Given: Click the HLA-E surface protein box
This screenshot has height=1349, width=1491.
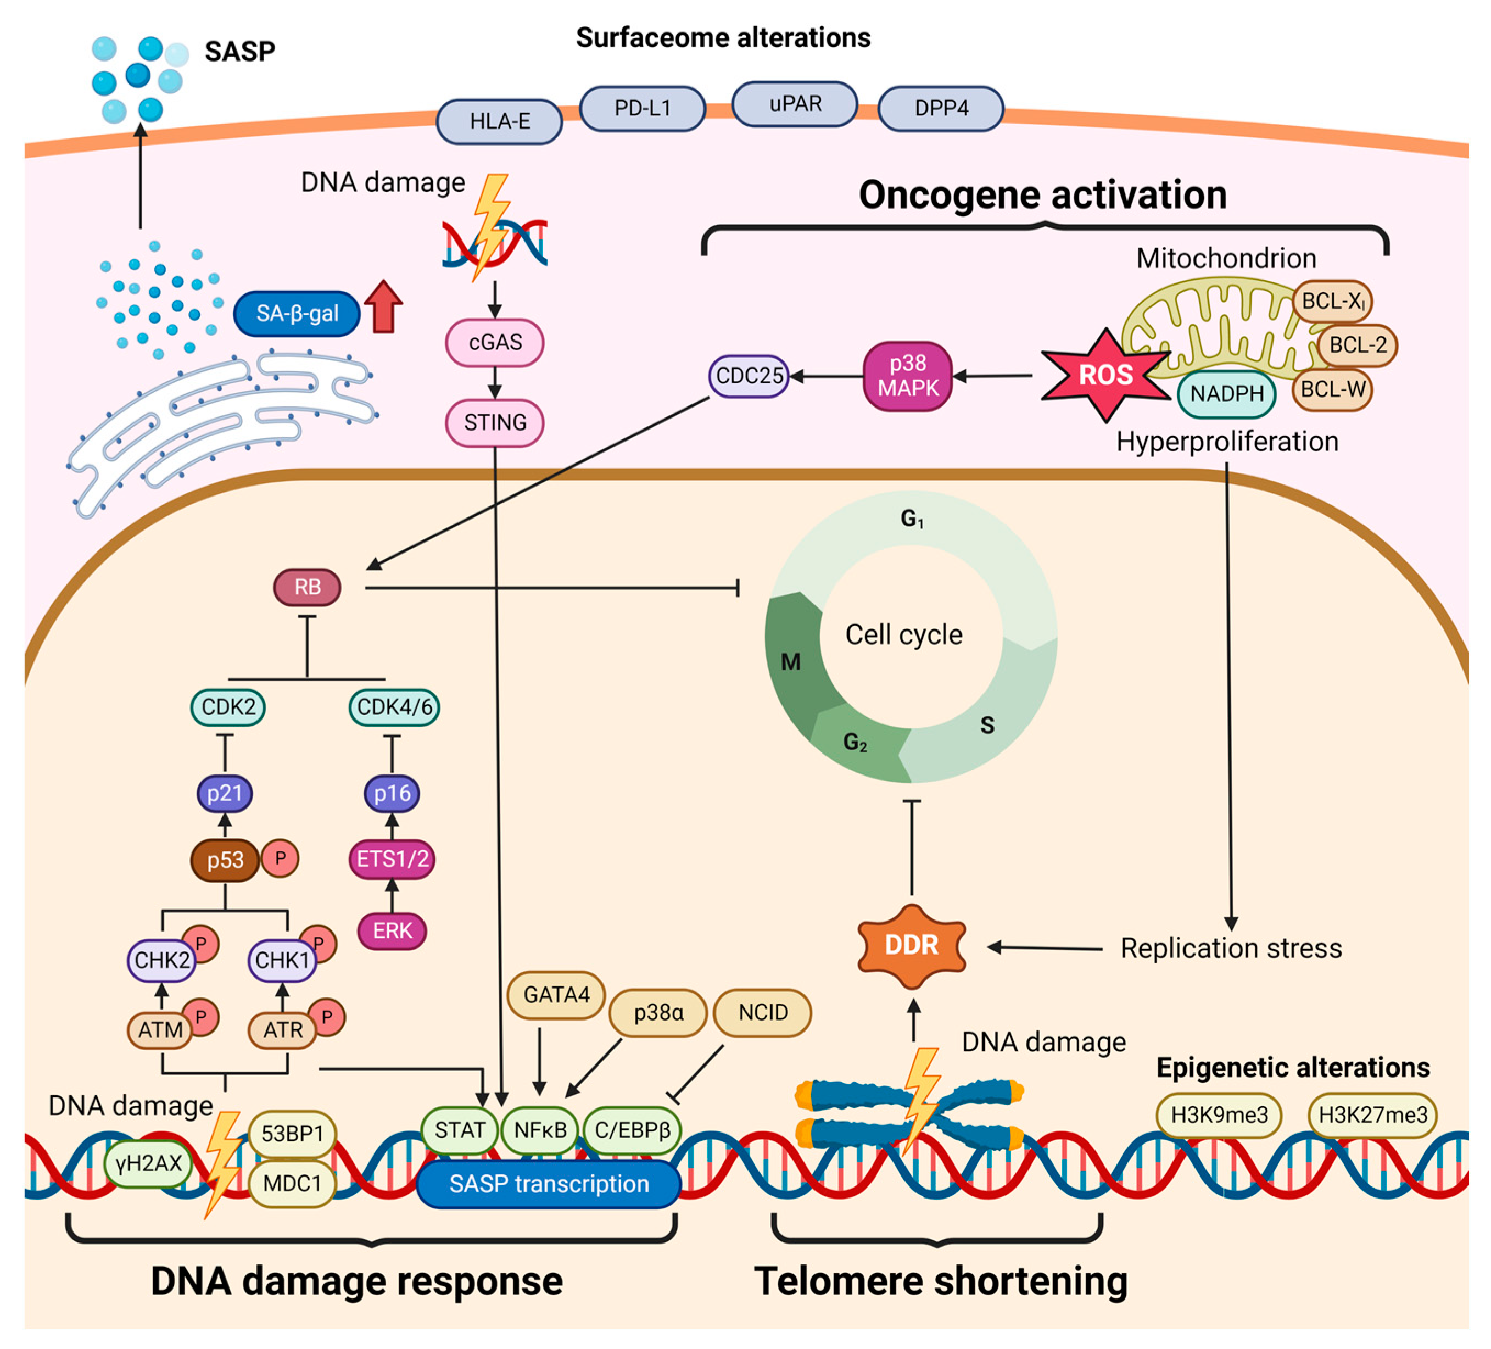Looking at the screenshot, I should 499,121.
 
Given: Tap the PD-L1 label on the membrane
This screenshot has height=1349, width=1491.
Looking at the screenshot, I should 642,109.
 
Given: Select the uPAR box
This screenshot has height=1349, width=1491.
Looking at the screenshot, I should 795,104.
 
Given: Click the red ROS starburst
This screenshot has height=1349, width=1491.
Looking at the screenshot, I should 1105,375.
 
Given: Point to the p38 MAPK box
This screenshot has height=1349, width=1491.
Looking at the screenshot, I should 907,376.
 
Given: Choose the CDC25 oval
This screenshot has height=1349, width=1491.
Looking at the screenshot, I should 749,376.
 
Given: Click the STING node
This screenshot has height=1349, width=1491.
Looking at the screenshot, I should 495,423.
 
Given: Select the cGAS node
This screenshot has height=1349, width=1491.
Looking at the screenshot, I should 495,342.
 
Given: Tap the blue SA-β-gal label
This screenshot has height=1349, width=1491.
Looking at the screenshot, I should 297,314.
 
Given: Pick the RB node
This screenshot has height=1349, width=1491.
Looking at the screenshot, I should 307,587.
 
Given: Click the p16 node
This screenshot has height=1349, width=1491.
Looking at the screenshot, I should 392,794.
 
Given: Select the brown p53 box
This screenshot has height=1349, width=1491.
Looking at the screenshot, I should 225,860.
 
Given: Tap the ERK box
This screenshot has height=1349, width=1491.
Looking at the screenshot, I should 392,930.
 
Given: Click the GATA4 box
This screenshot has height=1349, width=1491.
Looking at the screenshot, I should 556,995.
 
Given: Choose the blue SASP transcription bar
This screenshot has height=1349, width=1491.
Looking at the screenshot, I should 549,1184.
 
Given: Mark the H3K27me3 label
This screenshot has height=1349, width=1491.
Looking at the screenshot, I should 1373,1116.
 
